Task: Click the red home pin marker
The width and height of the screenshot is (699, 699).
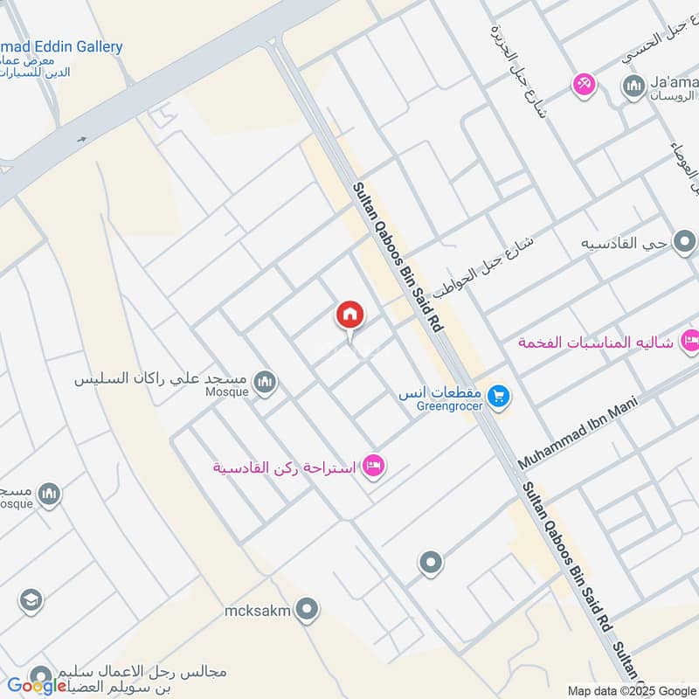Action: [350, 315]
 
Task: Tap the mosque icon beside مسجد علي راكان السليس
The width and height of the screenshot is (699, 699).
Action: [265, 382]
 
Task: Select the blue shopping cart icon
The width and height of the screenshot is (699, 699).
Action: [499, 396]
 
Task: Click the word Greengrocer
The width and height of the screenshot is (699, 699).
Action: [439, 406]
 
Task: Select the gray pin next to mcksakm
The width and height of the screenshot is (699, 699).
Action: [306, 610]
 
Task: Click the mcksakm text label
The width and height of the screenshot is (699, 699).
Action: [257, 610]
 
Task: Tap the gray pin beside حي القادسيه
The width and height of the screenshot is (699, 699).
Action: [684, 241]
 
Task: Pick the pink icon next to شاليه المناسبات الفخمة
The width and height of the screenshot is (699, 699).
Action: [689, 341]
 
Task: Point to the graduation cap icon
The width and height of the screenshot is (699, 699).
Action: [30, 600]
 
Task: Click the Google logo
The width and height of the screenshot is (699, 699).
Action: [37, 686]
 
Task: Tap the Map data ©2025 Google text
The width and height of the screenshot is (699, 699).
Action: [630, 690]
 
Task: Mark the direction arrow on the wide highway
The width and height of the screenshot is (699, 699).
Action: [81, 138]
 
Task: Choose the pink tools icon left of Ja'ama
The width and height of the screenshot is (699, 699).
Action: [583, 85]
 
